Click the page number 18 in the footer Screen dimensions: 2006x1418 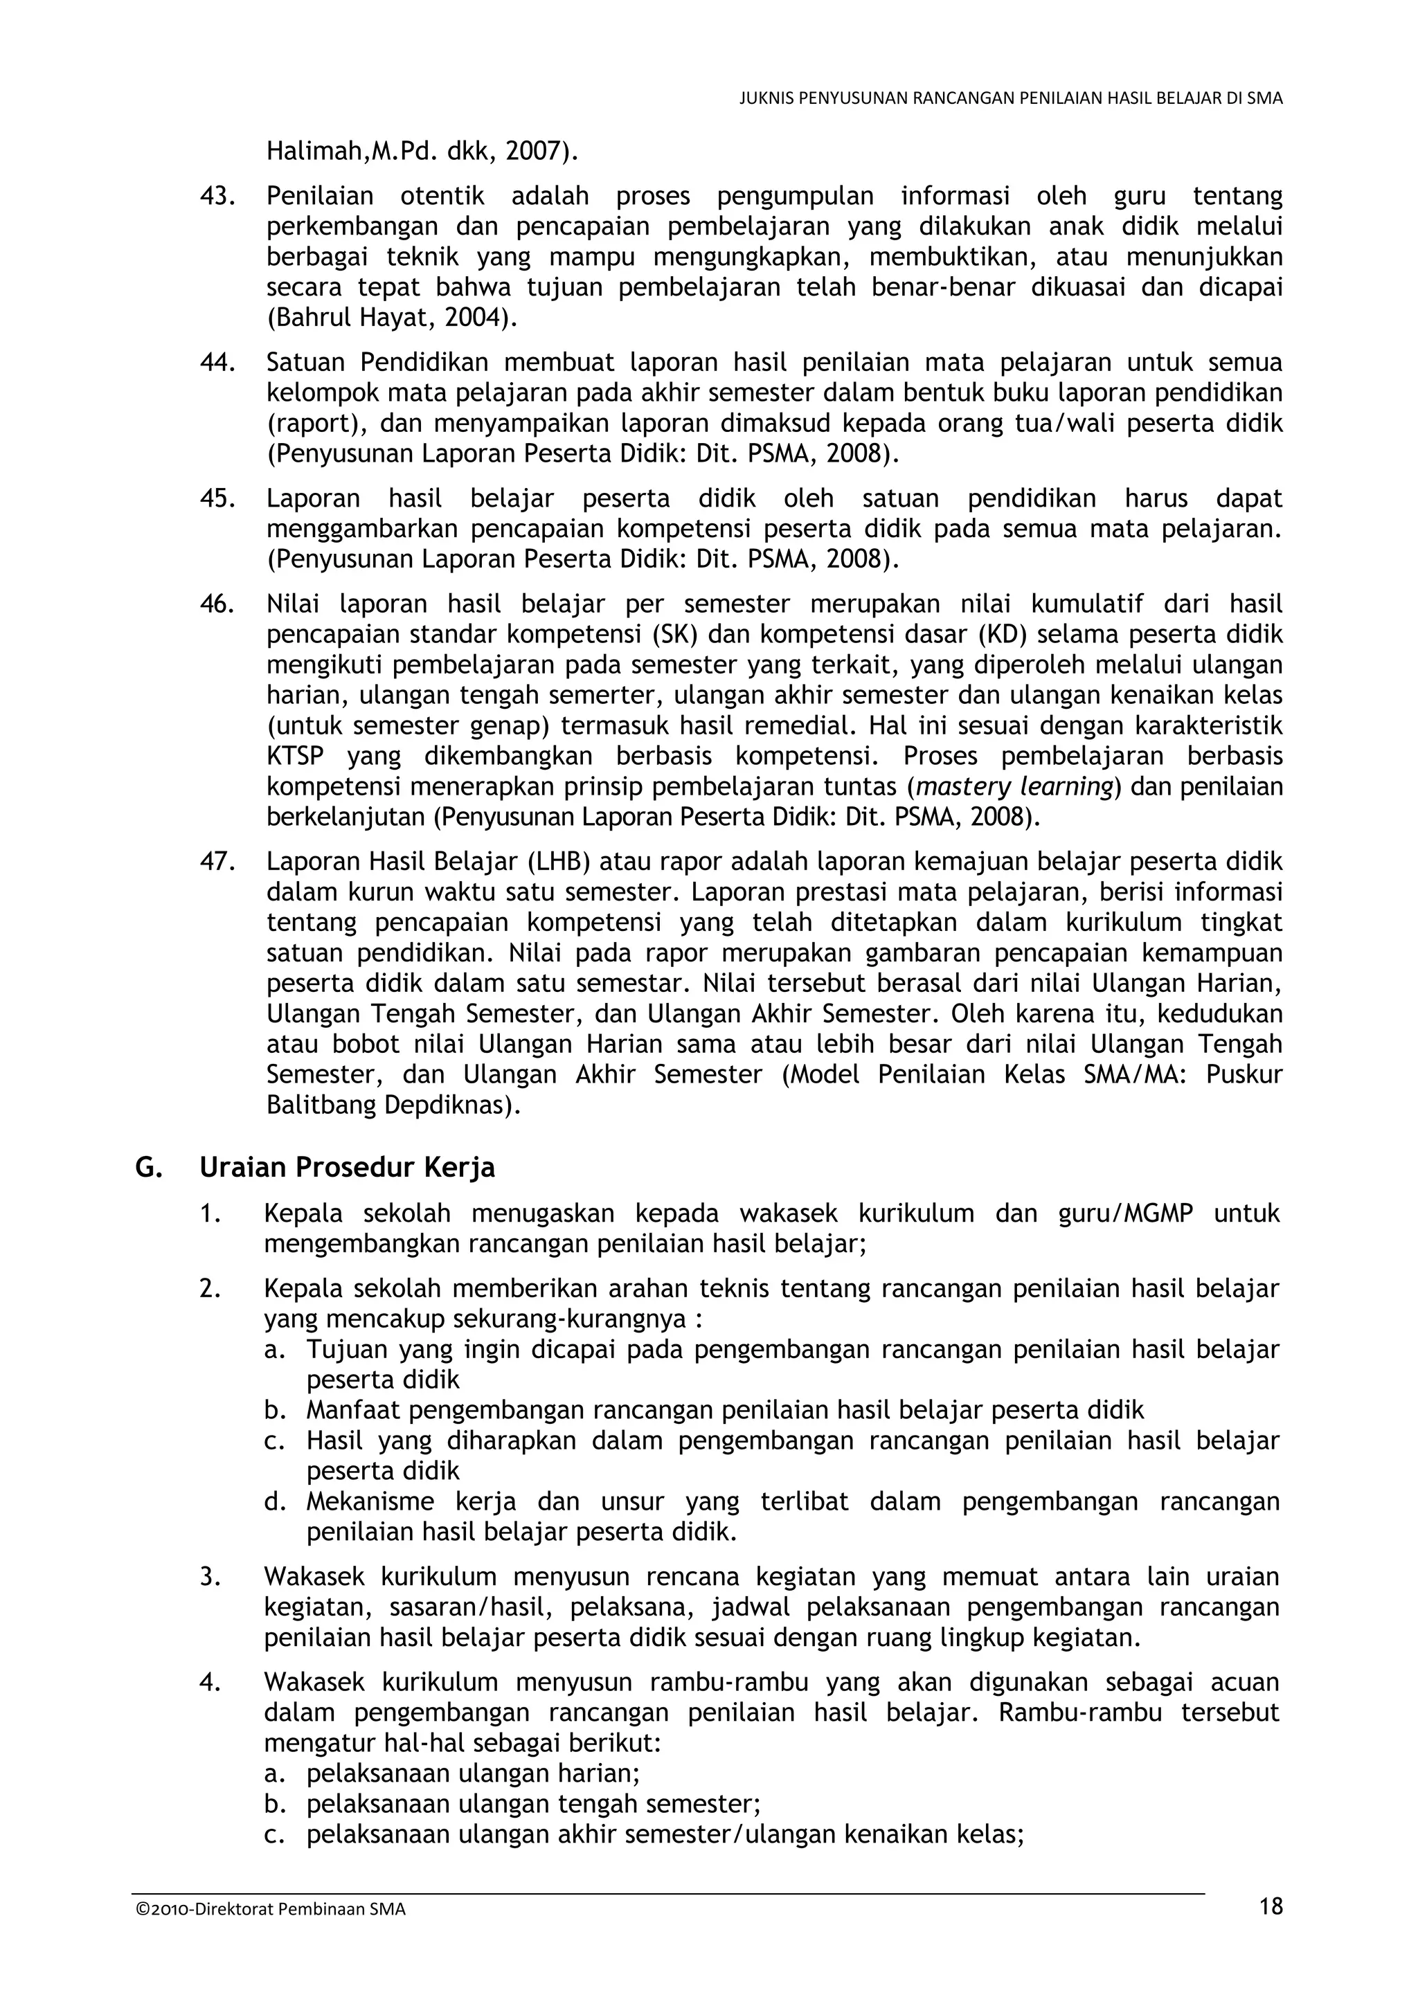pyautogui.click(x=1271, y=1906)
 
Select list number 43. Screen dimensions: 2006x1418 pyautogui.click(x=217, y=196)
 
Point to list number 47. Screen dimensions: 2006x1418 pyautogui.click(x=217, y=862)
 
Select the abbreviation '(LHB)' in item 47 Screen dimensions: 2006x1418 pyautogui.click(x=559, y=862)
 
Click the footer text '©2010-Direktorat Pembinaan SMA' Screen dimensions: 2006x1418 pyautogui.click(x=271, y=1909)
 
